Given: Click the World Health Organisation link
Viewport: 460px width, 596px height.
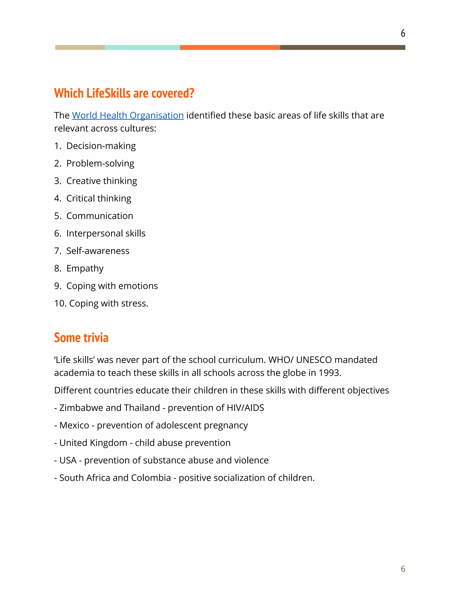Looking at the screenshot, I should tap(128, 115).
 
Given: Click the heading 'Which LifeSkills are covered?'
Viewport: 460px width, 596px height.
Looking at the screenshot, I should tap(124, 93).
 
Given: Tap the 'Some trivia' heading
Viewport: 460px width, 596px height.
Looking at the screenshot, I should tap(81, 338).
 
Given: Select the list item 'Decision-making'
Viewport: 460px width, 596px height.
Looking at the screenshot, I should tap(101, 146).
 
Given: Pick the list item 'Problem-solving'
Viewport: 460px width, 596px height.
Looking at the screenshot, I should tap(100, 164).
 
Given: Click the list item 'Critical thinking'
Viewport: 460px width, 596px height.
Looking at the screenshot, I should tap(99, 198).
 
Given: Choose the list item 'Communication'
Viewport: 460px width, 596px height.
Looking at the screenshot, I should tap(100, 216).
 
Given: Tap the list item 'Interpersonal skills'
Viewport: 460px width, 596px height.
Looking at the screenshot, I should tap(106, 233).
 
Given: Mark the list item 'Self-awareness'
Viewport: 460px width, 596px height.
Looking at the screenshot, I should tap(97, 251).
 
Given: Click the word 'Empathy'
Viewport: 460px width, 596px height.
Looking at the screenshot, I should tap(85, 269).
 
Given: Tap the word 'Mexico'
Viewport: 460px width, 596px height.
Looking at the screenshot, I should tap(74, 425).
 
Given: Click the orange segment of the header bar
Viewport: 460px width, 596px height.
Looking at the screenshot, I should tap(230, 47).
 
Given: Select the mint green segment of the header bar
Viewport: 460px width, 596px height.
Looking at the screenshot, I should tap(142, 47).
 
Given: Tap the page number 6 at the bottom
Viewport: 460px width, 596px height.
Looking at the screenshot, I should tap(403, 569).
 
